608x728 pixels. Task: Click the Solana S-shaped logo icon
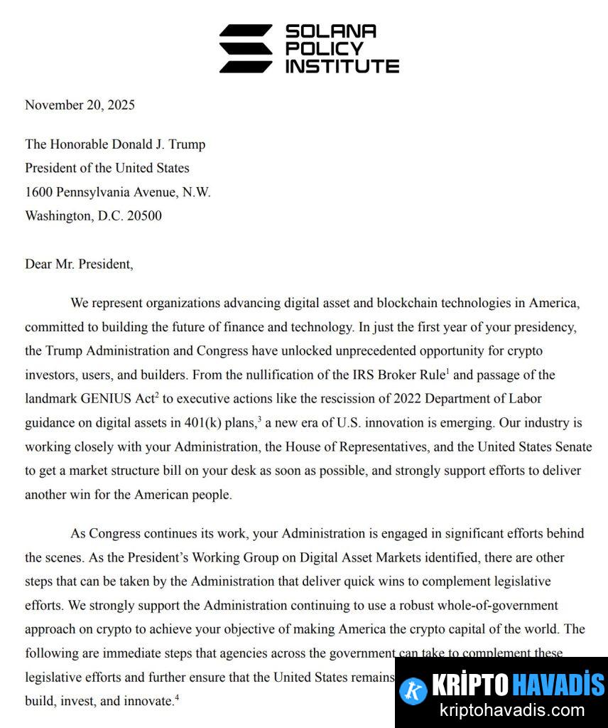(245, 48)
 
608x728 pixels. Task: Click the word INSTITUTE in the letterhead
(342, 66)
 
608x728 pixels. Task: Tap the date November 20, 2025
(80, 105)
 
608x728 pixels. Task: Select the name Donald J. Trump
(158, 144)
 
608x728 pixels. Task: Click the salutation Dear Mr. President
(78, 264)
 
